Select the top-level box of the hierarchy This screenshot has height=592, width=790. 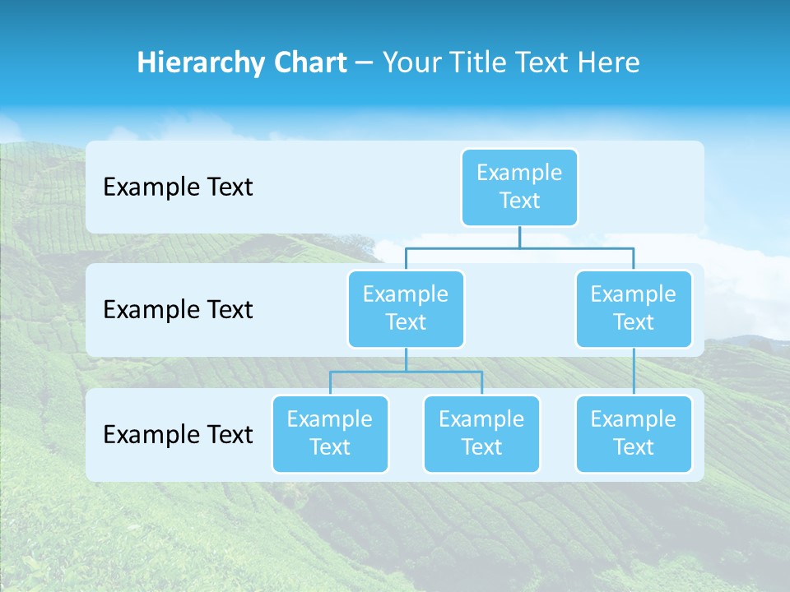519,187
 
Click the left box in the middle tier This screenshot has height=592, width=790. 406,308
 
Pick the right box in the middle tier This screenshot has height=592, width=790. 634,308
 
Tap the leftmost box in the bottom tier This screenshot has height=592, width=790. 330,433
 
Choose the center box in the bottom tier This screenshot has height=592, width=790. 481,433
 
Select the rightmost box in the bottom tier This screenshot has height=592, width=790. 634,433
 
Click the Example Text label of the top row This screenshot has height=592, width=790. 178,187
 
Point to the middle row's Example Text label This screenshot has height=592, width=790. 178,309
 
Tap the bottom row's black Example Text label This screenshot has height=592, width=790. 178,434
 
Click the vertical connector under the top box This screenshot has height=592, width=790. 519,237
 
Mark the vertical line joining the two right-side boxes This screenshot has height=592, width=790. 634,372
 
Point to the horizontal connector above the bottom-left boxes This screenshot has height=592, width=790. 406,372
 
